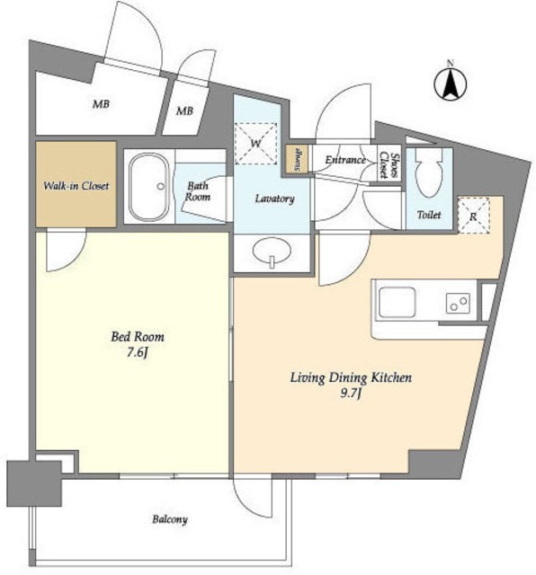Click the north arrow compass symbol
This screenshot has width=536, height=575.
(x=450, y=83)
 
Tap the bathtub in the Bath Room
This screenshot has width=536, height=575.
(x=148, y=187)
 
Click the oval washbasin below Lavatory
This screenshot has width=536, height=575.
(x=272, y=252)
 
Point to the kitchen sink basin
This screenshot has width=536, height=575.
(x=398, y=302)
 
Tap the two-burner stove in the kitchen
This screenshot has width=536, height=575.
(x=458, y=303)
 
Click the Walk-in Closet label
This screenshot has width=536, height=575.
(x=76, y=186)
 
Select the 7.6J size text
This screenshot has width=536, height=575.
(x=138, y=352)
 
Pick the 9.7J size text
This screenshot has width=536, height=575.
(x=352, y=394)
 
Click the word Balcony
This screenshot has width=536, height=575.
(x=170, y=519)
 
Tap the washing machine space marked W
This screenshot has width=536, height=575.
(x=255, y=144)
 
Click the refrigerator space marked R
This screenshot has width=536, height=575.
(x=474, y=216)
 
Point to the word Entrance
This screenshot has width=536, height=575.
(x=345, y=160)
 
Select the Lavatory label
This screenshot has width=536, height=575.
(x=274, y=199)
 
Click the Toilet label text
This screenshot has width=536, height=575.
(x=429, y=215)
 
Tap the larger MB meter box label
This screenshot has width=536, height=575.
(x=101, y=104)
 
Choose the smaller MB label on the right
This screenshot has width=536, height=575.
(x=184, y=111)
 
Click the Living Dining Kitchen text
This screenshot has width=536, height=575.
(x=351, y=377)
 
